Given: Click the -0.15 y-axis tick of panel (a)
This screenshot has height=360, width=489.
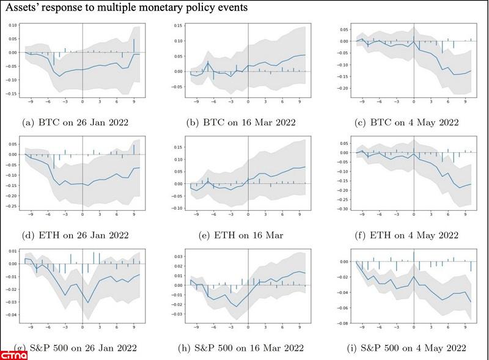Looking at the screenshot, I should coord(11,94).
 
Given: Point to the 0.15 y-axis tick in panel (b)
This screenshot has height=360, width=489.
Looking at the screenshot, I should coord(178,26).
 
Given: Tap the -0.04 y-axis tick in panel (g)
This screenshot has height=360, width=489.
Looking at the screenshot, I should coord(11,315).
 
